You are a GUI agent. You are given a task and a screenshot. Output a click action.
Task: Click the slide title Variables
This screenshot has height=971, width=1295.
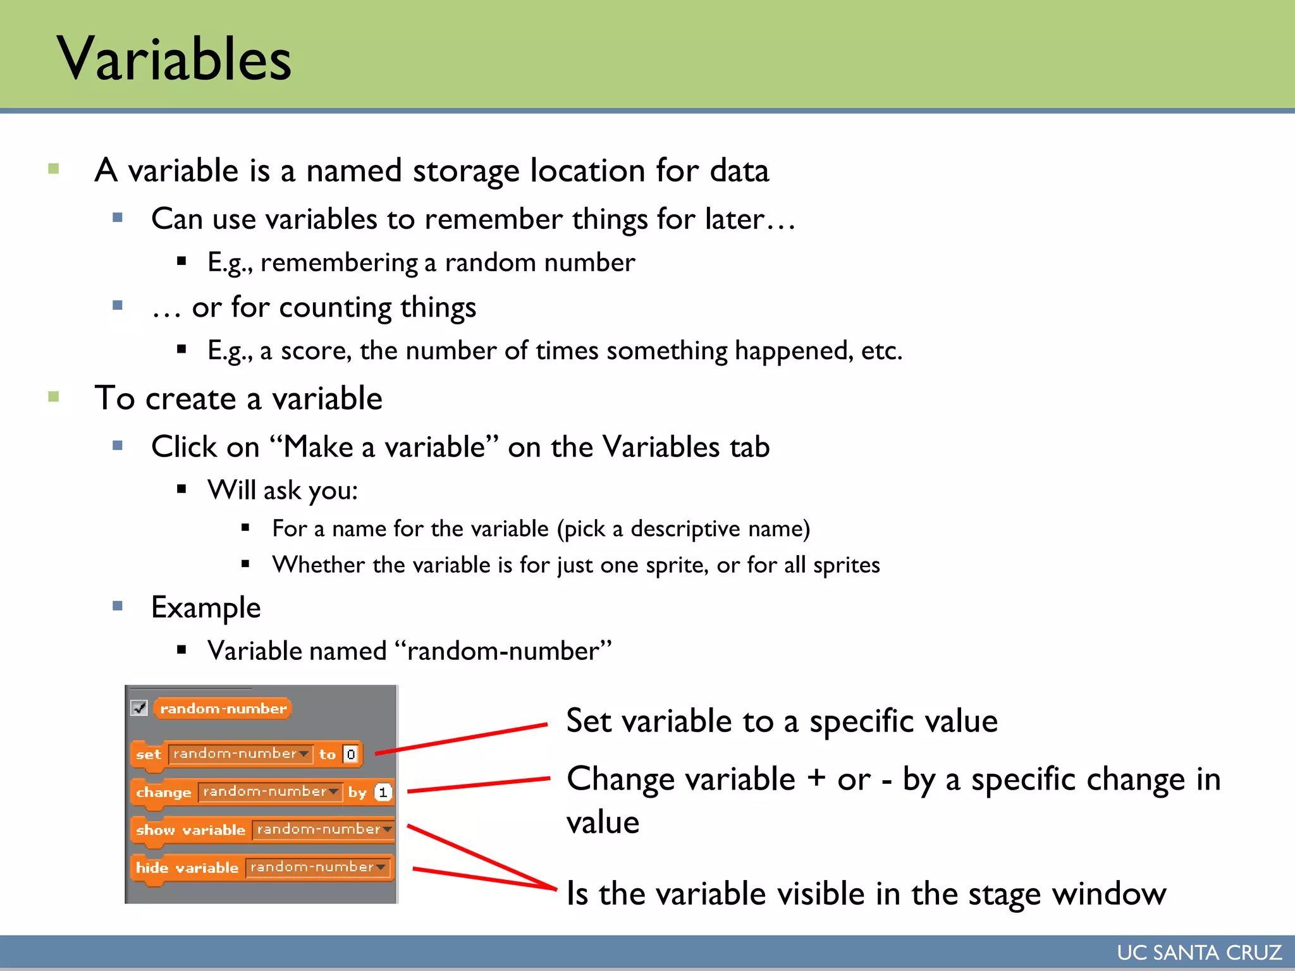pyautogui.click(x=174, y=58)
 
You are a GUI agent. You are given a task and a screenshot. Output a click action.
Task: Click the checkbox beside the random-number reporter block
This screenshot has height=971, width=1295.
pyautogui.click(x=139, y=708)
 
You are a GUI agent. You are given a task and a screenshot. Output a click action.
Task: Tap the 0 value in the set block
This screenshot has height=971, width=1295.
pyautogui.click(x=351, y=754)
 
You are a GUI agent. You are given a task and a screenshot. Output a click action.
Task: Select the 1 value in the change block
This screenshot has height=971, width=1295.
pyautogui.click(x=383, y=792)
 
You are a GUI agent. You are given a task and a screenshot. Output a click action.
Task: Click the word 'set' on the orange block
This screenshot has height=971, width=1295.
pyautogui.click(x=149, y=754)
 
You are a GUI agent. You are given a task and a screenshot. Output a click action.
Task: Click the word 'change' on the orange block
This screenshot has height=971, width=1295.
pyautogui.click(x=163, y=792)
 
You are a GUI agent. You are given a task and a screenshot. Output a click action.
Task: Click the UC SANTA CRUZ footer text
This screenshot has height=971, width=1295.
pyautogui.click(x=1199, y=953)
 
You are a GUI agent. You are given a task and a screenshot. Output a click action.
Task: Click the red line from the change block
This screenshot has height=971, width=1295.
pyautogui.click(x=479, y=785)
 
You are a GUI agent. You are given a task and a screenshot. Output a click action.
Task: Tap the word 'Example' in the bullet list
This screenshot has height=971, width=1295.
pyautogui.click(x=206, y=608)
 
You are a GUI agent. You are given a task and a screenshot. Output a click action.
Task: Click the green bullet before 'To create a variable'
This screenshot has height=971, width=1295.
pyautogui.click(x=54, y=397)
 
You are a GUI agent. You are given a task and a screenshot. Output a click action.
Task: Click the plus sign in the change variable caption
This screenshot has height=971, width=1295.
pyautogui.click(x=816, y=778)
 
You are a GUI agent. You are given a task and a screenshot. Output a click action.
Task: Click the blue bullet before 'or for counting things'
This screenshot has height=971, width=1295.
pyautogui.click(x=118, y=305)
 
